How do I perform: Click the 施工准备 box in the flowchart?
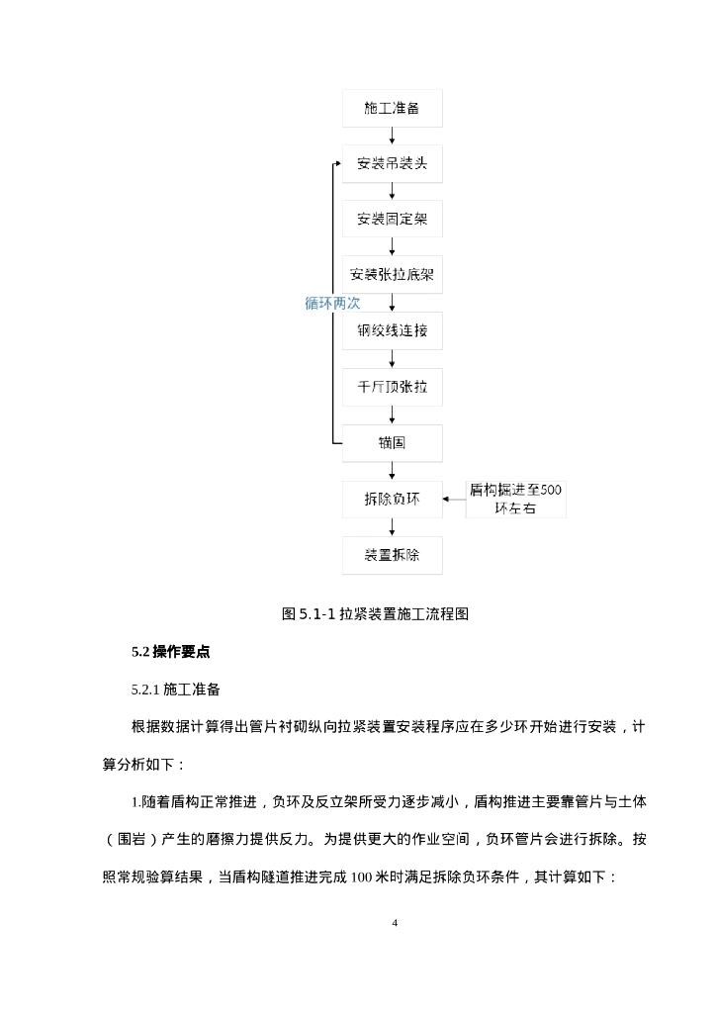(392, 108)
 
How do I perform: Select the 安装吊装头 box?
(392, 163)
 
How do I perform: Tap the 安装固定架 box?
(392, 218)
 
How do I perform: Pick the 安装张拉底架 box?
(392, 274)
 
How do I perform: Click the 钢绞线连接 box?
(392, 331)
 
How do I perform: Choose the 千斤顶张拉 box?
(392, 387)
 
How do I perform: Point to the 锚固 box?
(392, 443)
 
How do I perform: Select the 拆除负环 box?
(392, 500)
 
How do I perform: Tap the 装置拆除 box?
(392, 555)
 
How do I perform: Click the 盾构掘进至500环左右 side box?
(516, 500)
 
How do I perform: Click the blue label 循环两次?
(331, 304)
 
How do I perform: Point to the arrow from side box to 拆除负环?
(454, 500)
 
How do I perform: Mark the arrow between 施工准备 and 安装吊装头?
(392, 136)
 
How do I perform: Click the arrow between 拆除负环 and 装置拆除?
(392, 527)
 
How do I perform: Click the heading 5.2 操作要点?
(170, 652)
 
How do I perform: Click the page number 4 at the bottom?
(395, 924)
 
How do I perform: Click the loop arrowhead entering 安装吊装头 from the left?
(338, 163)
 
